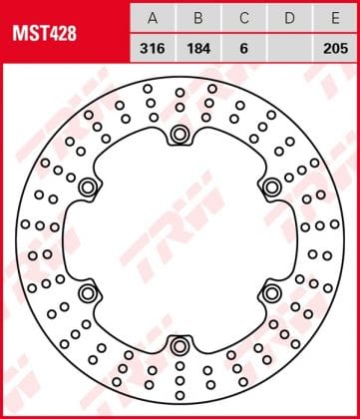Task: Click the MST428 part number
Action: [45, 34]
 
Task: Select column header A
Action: [153, 19]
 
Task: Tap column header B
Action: [198, 19]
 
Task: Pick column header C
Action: [244, 19]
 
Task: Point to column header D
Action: [289, 19]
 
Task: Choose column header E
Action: [335, 19]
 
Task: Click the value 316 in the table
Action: [153, 49]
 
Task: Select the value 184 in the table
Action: [198, 49]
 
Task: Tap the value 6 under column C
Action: [244, 49]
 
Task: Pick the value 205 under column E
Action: [335, 49]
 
